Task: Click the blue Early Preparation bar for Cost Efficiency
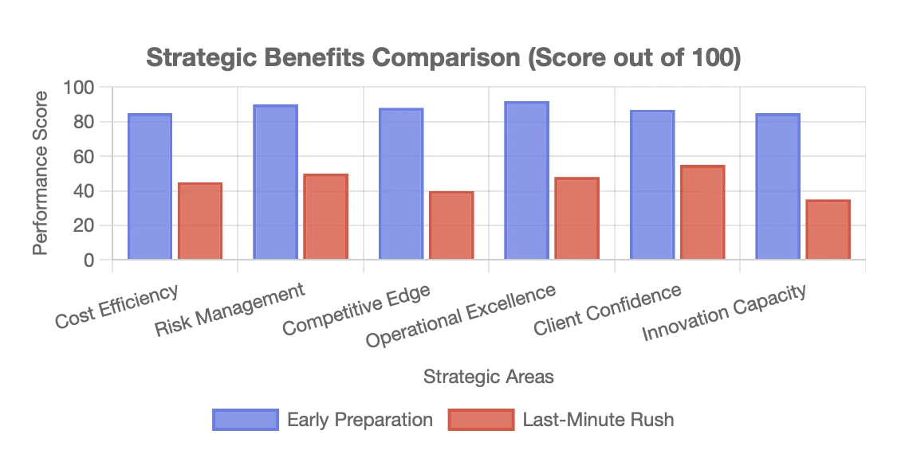pos(150,186)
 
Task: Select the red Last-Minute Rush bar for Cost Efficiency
pos(200,221)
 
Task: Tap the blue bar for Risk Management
pos(275,182)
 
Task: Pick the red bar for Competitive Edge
pos(451,225)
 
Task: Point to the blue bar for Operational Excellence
pos(526,181)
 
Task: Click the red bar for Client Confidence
pos(702,212)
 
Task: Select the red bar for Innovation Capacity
pos(828,229)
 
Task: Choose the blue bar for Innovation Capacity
pos(778,186)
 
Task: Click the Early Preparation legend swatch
pos(245,419)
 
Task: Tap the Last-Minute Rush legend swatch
pos(481,419)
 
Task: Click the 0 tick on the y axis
pos(89,260)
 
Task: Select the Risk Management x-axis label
pos(230,309)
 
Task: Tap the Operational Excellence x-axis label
pos(460,315)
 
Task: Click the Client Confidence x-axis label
pos(607,310)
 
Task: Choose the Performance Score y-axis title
pos(41,173)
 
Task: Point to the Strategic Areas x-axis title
pos(488,377)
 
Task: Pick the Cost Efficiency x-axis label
pos(116,306)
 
